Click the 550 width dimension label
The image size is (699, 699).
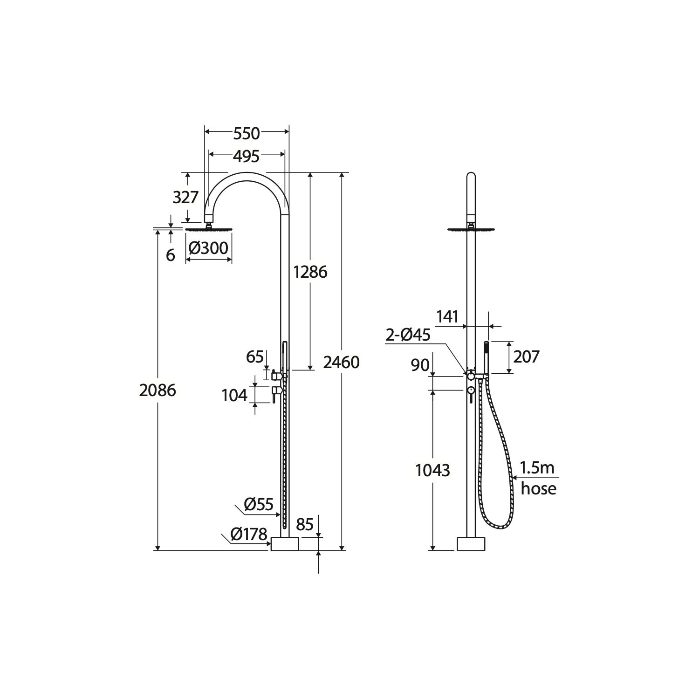pos(247,134)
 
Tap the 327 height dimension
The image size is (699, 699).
pos(186,198)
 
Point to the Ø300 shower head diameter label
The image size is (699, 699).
pos(208,248)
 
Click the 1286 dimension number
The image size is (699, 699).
pos(310,272)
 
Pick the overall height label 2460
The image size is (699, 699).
pos(342,362)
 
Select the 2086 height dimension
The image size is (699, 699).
pos(158,390)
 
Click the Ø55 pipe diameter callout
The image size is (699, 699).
pos(259,504)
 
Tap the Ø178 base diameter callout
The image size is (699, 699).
pos(249,535)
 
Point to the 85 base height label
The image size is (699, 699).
pos(305,525)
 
